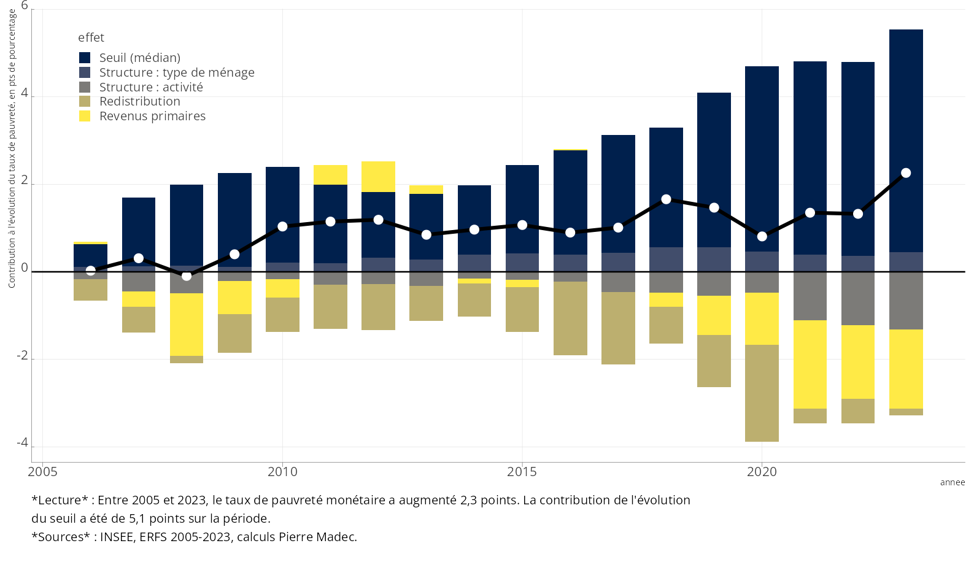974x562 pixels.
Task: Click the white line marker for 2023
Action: (906, 173)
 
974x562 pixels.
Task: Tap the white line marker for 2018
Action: (666, 199)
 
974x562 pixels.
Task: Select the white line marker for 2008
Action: (187, 276)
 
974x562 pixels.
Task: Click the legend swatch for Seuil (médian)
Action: (85, 58)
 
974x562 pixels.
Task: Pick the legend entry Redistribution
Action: (139, 102)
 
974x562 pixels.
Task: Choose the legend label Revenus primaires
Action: (152, 117)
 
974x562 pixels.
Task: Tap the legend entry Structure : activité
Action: (151, 87)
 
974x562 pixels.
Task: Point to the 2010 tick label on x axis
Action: (282, 472)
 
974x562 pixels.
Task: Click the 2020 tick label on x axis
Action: (762, 472)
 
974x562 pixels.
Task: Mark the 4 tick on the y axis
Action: (25, 93)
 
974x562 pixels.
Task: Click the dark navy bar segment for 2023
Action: (906, 141)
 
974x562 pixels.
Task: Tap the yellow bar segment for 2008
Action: (187, 325)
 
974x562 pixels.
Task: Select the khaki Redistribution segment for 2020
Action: (762, 393)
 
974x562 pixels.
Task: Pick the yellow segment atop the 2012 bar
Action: (378, 177)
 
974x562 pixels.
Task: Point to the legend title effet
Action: (91, 38)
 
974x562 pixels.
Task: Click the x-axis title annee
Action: (952, 483)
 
